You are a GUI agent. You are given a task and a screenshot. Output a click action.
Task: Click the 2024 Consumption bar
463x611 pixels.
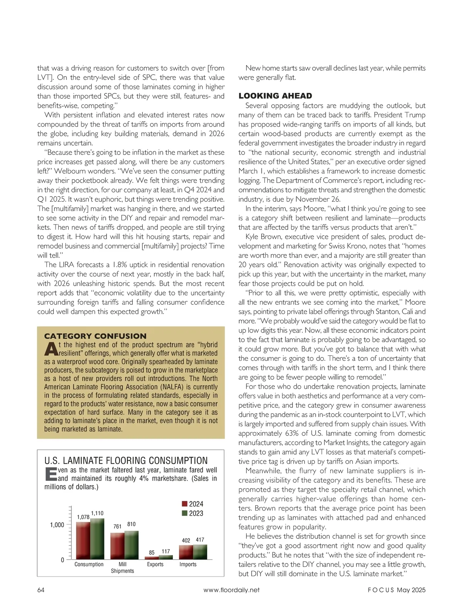(x=83, y=541)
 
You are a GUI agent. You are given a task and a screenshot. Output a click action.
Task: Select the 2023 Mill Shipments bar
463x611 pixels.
(x=132, y=545)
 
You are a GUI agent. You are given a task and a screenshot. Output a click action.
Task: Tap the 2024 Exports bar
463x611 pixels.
(x=152, y=558)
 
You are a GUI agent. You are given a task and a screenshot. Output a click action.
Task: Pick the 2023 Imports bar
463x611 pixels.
(x=200, y=552)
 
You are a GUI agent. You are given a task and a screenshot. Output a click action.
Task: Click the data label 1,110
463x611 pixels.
(x=97, y=513)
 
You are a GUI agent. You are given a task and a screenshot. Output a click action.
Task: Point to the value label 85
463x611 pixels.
(x=152, y=553)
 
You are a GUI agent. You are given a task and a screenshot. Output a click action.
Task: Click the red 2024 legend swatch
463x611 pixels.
(x=184, y=504)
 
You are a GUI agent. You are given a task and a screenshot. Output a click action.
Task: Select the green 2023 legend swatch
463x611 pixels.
(x=184, y=513)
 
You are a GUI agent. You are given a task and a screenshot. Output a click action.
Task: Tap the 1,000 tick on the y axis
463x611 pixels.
(x=57, y=525)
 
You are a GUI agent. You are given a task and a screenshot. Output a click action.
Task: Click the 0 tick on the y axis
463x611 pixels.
(x=63, y=560)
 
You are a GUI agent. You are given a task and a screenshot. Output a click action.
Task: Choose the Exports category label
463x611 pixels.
(x=155, y=564)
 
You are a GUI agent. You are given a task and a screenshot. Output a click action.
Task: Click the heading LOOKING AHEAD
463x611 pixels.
(x=275, y=96)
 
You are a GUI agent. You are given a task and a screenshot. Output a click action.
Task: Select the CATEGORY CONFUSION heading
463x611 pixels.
(x=95, y=336)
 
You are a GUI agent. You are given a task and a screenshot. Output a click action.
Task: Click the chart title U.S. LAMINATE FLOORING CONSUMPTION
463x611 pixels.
(x=126, y=460)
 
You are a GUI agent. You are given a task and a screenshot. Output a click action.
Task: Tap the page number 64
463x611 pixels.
(x=41, y=590)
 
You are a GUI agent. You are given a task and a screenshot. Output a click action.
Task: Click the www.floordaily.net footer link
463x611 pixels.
(x=231, y=590)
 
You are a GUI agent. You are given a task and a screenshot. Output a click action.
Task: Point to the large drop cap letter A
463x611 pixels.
(x=51, y=349)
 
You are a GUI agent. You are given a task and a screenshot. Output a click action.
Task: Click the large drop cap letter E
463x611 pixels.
(x=51, y=474)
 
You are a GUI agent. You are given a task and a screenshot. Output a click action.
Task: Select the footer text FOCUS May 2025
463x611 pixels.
(x=396, y=590)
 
